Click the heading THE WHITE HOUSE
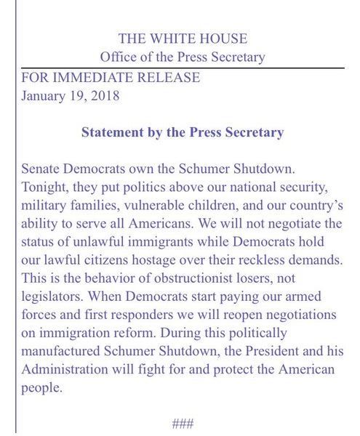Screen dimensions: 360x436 coord(183,39)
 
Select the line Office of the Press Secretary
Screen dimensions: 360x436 coord(183,57)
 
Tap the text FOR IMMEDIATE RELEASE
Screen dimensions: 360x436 coord(111,77)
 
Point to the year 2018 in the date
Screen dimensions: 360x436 coord(105,95)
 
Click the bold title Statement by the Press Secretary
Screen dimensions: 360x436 coord(183,133)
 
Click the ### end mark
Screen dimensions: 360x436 coord(183,424)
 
